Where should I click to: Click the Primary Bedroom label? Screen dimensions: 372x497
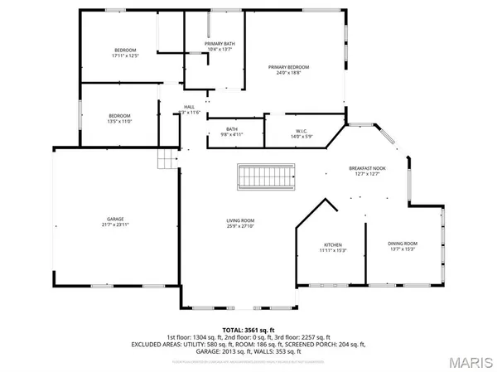pos(288,66)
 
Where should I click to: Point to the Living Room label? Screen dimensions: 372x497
pos(241,220)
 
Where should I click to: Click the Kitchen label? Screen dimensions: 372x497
pos(332,244)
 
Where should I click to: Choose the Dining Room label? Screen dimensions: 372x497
pos(403,244)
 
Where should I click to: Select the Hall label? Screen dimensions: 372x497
pos(189,107)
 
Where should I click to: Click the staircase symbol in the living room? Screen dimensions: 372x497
pos(267,176)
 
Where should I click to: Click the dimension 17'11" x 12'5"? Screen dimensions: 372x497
pos(125,56)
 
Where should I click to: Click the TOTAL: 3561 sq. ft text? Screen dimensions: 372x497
pos(248,330)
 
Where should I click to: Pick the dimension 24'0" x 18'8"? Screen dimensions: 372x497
pos(288,72)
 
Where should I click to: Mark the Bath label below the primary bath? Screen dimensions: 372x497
pos(232,129)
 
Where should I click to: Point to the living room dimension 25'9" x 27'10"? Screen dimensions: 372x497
pos(241,226)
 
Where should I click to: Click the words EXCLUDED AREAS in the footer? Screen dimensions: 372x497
pos(187,344)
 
